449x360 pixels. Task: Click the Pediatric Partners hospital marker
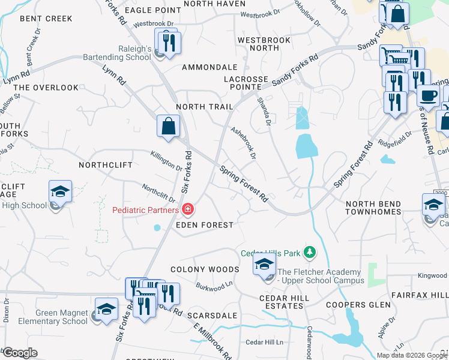point(188,209)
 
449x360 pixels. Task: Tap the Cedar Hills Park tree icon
point(310,253)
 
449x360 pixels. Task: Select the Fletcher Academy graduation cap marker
point(264,263)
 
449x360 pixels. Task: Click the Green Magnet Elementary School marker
point(106,309)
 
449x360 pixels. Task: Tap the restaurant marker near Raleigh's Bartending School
point(166,41)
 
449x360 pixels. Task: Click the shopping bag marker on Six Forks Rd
point(168,127)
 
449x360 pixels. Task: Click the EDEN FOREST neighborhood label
point(204,225)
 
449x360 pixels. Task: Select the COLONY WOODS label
point(205,270)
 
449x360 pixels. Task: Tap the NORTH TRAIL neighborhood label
point(204,107)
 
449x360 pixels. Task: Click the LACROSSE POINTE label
point(246,83)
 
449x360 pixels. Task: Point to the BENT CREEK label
point(46,19)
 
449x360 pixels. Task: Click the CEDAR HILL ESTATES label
point(284,302)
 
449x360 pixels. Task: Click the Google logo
point(20,353)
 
